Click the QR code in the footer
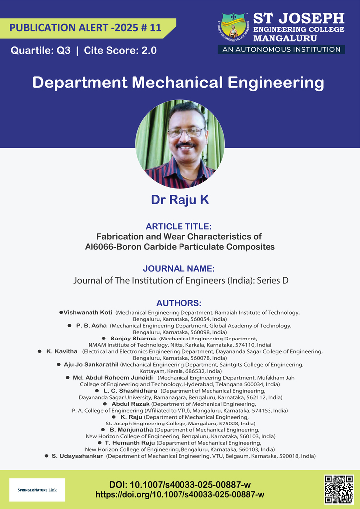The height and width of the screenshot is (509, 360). (339, 489)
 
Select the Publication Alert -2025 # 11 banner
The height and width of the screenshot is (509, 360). (86, 28)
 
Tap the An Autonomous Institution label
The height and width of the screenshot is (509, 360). (281, 49)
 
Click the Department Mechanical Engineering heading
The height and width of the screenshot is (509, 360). (179, 83)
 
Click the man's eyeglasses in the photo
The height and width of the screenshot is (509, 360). (185, 132)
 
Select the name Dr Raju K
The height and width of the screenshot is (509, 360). (180, 200)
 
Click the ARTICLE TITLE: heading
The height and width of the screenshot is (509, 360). (179, 226)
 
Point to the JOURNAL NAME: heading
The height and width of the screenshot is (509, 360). (179, 269)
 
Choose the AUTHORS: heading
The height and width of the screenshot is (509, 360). (179, 303)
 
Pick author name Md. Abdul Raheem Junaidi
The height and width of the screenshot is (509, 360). (112, 378)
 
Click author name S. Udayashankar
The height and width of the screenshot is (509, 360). (77, 456)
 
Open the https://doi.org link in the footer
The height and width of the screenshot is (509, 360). (180, 495)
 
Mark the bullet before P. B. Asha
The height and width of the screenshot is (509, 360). (69, 325)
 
